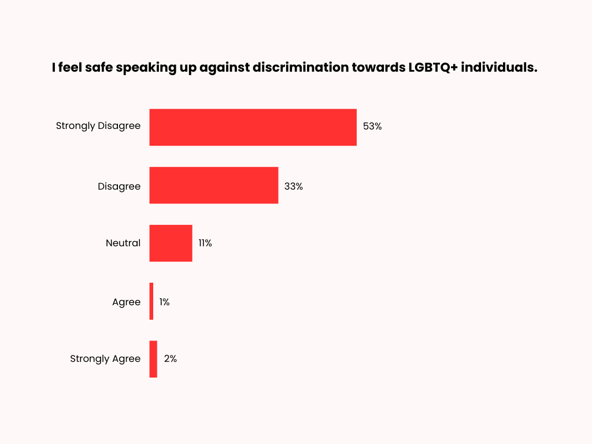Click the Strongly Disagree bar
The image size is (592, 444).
(x=253, y=127)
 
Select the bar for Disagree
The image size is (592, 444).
(x=213, y=186)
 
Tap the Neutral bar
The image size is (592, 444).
(x=171, y=243)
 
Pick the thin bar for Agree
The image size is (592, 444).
(x=151, y=301)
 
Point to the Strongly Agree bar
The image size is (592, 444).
(x=153, y=359)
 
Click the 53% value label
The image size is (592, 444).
(x=372, y=126)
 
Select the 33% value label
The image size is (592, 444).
(x=294, y=186)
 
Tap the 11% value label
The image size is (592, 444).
(x=205, y=243)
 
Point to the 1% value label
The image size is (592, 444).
(x=164, y=302)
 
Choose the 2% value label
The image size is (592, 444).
(x=171, y=359)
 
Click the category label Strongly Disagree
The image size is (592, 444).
(x=98, y=126)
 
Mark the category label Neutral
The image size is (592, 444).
(x=123, y=243)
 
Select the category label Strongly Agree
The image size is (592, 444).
(x=105, y=359)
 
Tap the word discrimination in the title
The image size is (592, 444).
(x=300, y=67)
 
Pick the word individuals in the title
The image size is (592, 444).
(x=502, y=67)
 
